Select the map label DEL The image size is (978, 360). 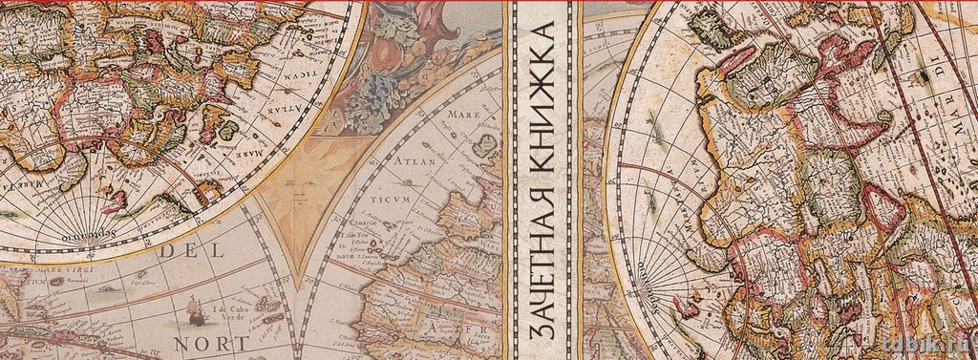(x=191, y=252)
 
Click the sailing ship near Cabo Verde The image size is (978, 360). (x=194, y=307)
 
